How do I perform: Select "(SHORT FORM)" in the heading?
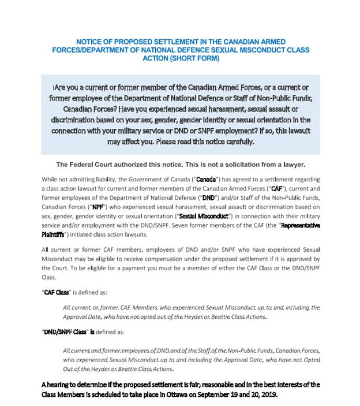tap(196, 58)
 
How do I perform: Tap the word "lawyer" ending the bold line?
tap(291, 164)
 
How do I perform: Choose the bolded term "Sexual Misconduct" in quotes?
tap(205, 215)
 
